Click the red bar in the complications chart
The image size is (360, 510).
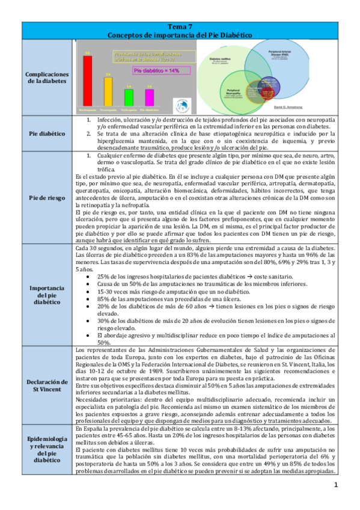point(88,82)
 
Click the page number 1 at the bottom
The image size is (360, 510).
point(337,485)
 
